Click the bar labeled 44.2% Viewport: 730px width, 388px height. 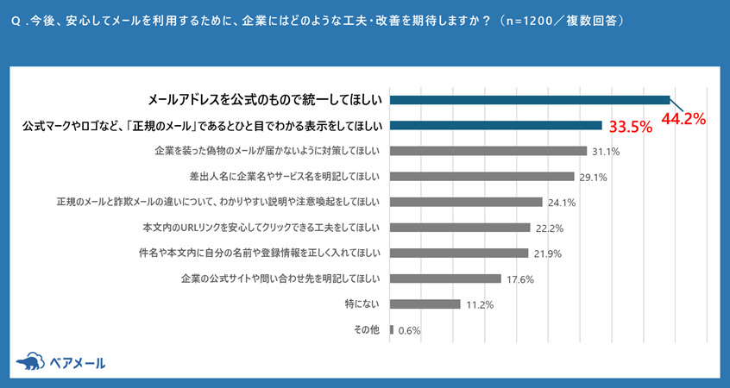point(530,99)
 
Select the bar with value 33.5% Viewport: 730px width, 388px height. point(496,125)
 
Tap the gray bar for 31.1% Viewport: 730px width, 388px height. point(488,151)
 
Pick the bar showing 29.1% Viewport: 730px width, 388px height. point(481,177)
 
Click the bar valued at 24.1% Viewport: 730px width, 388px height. point(466,202)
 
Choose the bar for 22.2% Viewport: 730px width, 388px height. point(460,228)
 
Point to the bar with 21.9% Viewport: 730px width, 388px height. point(459,253)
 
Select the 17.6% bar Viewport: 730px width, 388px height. point(445,278)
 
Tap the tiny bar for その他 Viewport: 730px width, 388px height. point(392,329)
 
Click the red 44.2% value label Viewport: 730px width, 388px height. point(683,120)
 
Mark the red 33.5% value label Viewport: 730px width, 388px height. point(630,128)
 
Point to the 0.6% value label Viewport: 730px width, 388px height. point(410,330)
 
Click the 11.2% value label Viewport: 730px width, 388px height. point(480,304)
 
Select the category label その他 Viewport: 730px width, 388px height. point(368,329)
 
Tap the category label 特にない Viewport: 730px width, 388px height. point(362,304)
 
